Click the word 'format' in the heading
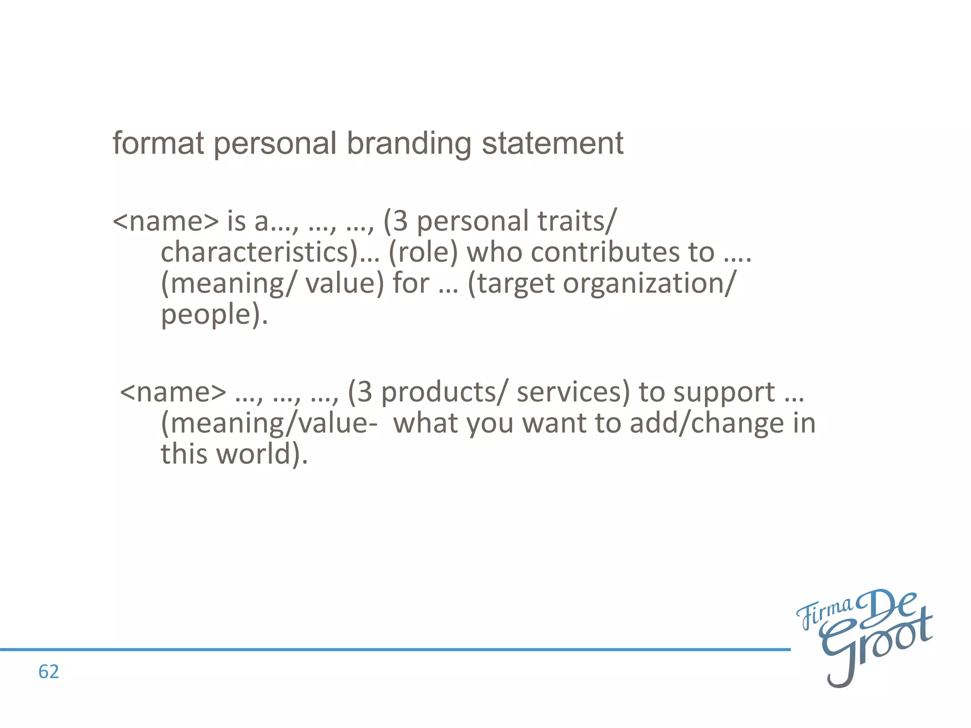pyautogui.click(x=158, y=143)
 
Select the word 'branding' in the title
pyautogui.click(x=409, y=144)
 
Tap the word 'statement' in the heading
pyautogui.click(x=552, y=143)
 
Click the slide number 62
pyautogui.click(x=48, y=672)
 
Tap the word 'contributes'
pyautogui.click(x=590, y=252)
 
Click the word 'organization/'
pyautogui.click(x=650, y=284)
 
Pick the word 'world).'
pyautogui.click(x=262, y=454)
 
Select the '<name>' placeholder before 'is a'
pyautogui.click(x=166, y=221)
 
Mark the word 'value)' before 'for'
pyautogui.click(x=344, y=284)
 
